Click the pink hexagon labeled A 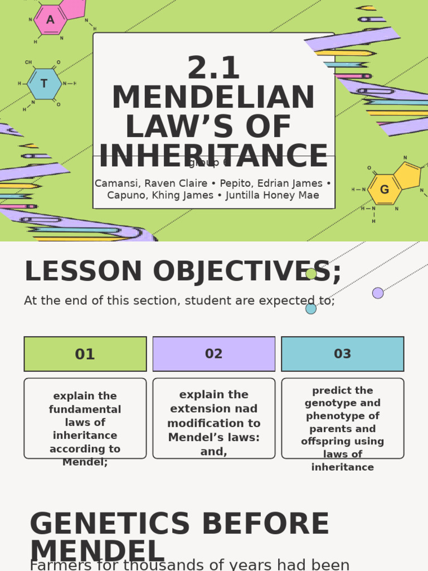(50, 20)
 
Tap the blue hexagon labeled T (44, 84)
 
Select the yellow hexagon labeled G (384, 190)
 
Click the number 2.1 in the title (213, 68)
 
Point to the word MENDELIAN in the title (213, 98)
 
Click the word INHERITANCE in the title (213, 156)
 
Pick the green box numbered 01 (85, 354)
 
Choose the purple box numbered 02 (214, 354)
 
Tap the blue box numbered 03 (343, 354)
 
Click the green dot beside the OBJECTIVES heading (311, 274)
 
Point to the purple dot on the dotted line (378, 293)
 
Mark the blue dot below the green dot (311, 308)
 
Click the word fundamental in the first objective (85, 409)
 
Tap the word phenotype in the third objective (343, 416)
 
